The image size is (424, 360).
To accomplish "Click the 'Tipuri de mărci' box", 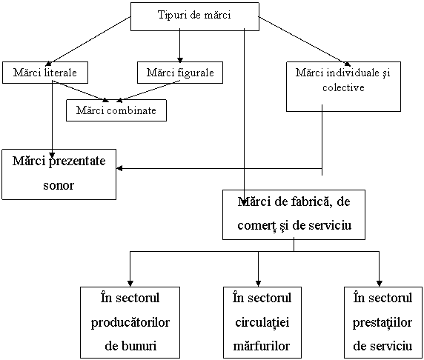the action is point(195,16).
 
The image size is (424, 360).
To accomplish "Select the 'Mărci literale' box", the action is point(45,73).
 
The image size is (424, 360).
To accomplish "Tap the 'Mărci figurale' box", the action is point(180,73).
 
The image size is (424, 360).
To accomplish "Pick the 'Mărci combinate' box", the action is point(116,110).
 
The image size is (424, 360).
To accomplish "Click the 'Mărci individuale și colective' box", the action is point(343,87).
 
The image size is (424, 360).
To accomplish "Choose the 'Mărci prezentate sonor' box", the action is point(59,174).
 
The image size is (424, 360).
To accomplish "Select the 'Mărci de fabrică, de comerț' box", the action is point(294,215).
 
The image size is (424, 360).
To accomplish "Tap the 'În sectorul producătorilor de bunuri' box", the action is point(130,322).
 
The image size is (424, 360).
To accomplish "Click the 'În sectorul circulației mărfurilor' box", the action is point(262,322).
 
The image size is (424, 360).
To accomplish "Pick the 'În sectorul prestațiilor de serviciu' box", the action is point(383,322).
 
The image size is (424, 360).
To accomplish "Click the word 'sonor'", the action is point(59,186).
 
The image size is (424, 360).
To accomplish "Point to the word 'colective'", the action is point(343,87).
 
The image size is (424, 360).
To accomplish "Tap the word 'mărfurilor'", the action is point(262,346).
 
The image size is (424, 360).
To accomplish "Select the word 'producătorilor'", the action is point(130,323).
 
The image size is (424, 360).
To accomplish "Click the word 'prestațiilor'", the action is point(382,323).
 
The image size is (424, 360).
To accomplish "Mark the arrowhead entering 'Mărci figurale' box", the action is point(180,60).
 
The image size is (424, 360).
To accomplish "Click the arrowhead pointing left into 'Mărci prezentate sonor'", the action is point(119,168).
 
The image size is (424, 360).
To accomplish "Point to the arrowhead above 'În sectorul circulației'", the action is point(258,284).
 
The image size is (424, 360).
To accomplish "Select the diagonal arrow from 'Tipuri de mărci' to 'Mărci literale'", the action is point(88,41).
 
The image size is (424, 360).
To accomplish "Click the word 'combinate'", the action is point(132,110).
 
